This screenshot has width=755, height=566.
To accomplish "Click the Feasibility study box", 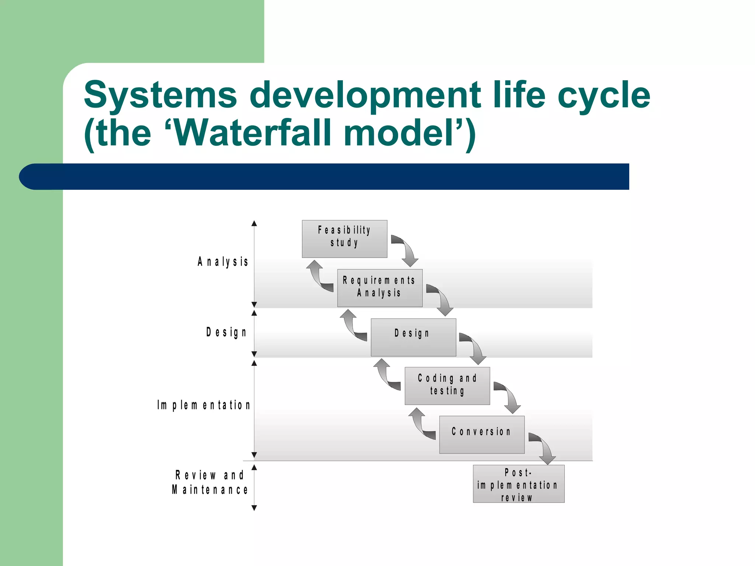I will click(344, 239).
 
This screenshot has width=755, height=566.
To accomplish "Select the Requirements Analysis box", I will click(380, 288).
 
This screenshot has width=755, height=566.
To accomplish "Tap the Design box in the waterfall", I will click(413, 337).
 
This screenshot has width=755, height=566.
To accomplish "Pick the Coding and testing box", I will click(447, 385).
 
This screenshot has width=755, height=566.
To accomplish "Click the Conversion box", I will click(481, 434).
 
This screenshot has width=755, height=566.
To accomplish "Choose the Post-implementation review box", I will click(518, 483).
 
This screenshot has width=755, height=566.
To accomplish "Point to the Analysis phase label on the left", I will click(223, 262).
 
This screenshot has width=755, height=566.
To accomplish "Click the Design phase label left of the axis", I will click(226, 332).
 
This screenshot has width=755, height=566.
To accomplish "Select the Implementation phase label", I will click(204, 405).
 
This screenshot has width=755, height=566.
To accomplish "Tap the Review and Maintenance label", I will click(210, 482).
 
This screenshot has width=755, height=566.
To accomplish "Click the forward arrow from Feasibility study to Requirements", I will click(406, 251).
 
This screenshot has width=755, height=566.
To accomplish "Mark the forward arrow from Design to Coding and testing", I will click(474, 348).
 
